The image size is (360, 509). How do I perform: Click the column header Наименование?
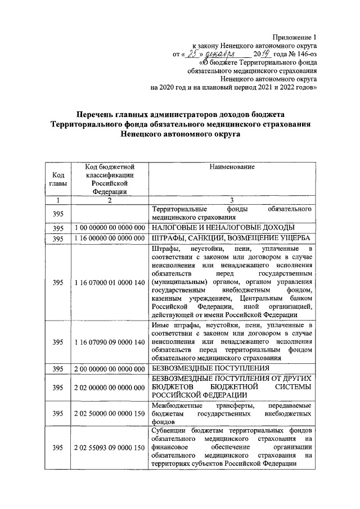pyautogui.click(x=232, y=167)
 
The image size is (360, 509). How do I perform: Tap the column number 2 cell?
pyautogui.click(x=110, y=200)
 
